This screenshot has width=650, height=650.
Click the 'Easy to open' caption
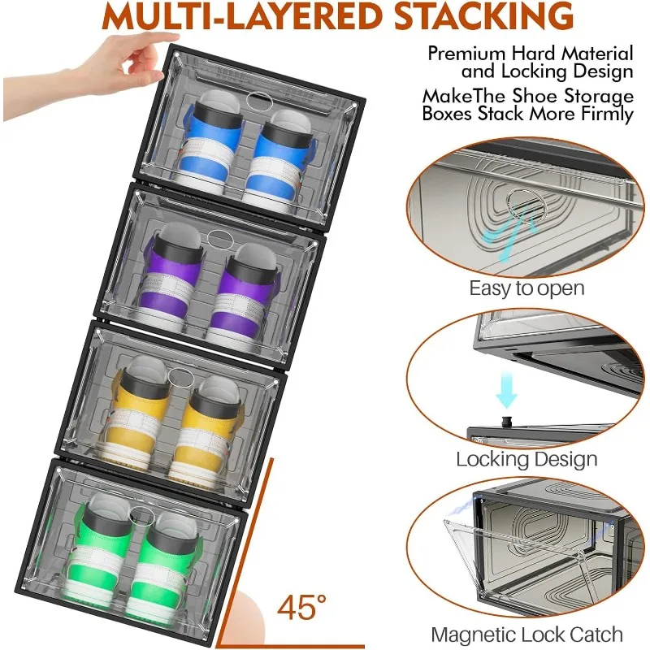526,288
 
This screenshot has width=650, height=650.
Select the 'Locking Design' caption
526,459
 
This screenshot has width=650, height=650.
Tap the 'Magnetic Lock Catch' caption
526,635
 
